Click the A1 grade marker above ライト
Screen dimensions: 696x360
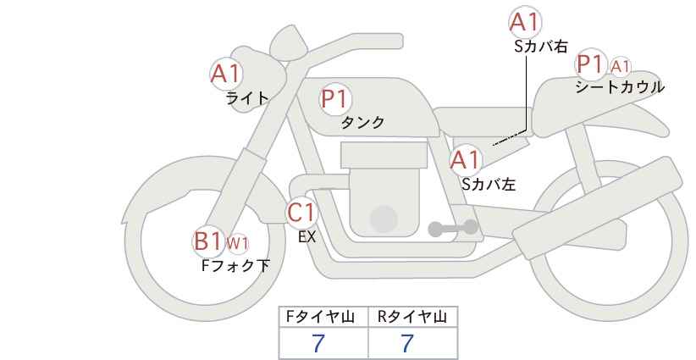[226, 74]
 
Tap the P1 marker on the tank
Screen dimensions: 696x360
[335, 98]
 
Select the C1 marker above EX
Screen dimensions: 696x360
[301, 213]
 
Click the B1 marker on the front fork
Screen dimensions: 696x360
[208, 241]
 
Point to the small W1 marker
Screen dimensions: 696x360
[237, 243]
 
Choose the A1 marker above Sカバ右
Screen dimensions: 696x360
[525, 22]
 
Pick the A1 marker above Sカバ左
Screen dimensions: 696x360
[466, 160]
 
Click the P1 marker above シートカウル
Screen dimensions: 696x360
[591, 65]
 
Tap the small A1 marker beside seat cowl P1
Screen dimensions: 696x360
[620, 67]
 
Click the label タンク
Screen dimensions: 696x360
[362, 122]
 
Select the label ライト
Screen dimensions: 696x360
[247, 97]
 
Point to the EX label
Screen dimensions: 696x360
[307, 237]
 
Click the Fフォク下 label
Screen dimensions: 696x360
[235, 265]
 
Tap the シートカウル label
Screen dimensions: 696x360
[620, 86]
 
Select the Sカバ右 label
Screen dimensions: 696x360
[541, 47]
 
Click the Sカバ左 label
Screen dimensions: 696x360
[489, 184]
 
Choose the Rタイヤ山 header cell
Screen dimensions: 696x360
[413, 317]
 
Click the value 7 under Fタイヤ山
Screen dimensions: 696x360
[318, 343]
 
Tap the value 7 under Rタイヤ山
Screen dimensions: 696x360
[407, 343]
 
